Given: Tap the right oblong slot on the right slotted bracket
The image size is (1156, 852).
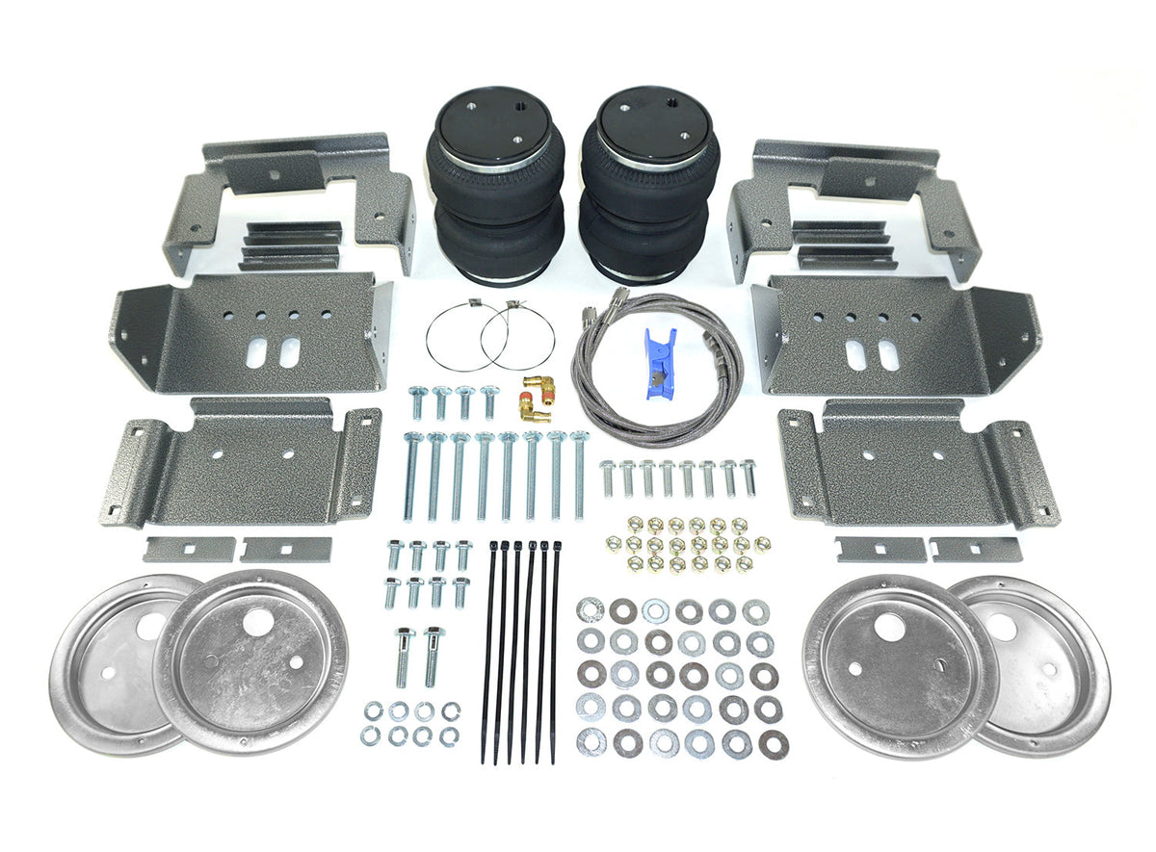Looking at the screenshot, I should (x=888, y=355).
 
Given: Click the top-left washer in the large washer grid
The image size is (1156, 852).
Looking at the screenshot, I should (x=590, y=609).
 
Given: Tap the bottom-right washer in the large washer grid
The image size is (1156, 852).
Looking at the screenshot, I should (x=772, y=743).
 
